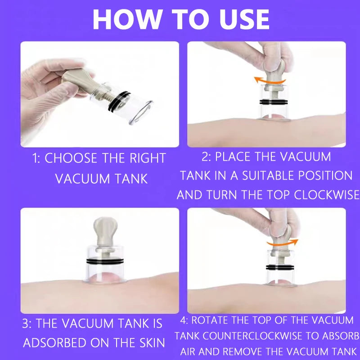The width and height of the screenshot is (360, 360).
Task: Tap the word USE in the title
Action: click(244, 19)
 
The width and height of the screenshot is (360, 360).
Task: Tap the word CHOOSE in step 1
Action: click(71, 158)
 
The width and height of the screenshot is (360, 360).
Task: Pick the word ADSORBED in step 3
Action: click(54, 343)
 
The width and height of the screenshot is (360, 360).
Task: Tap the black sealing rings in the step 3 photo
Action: click(105, 261)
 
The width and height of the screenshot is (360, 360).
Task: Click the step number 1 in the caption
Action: click(36, 158)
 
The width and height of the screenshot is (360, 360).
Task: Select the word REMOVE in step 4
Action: click(243, 351)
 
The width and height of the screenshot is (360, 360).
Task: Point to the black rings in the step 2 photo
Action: click(273, 102)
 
